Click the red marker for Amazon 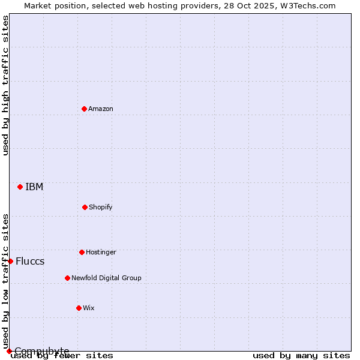84,109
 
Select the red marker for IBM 20,187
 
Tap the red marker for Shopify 85,207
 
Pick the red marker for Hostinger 82,252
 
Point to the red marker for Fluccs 10,261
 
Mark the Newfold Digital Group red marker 67,278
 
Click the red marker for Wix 79,308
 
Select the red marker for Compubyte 9,351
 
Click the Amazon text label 101,109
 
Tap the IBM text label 34,187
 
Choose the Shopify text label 101,207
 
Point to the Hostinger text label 101,252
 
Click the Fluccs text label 30,261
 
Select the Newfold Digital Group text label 106,278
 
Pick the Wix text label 89,308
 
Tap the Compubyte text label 42,351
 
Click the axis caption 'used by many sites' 301,356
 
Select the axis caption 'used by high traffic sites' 6,85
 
